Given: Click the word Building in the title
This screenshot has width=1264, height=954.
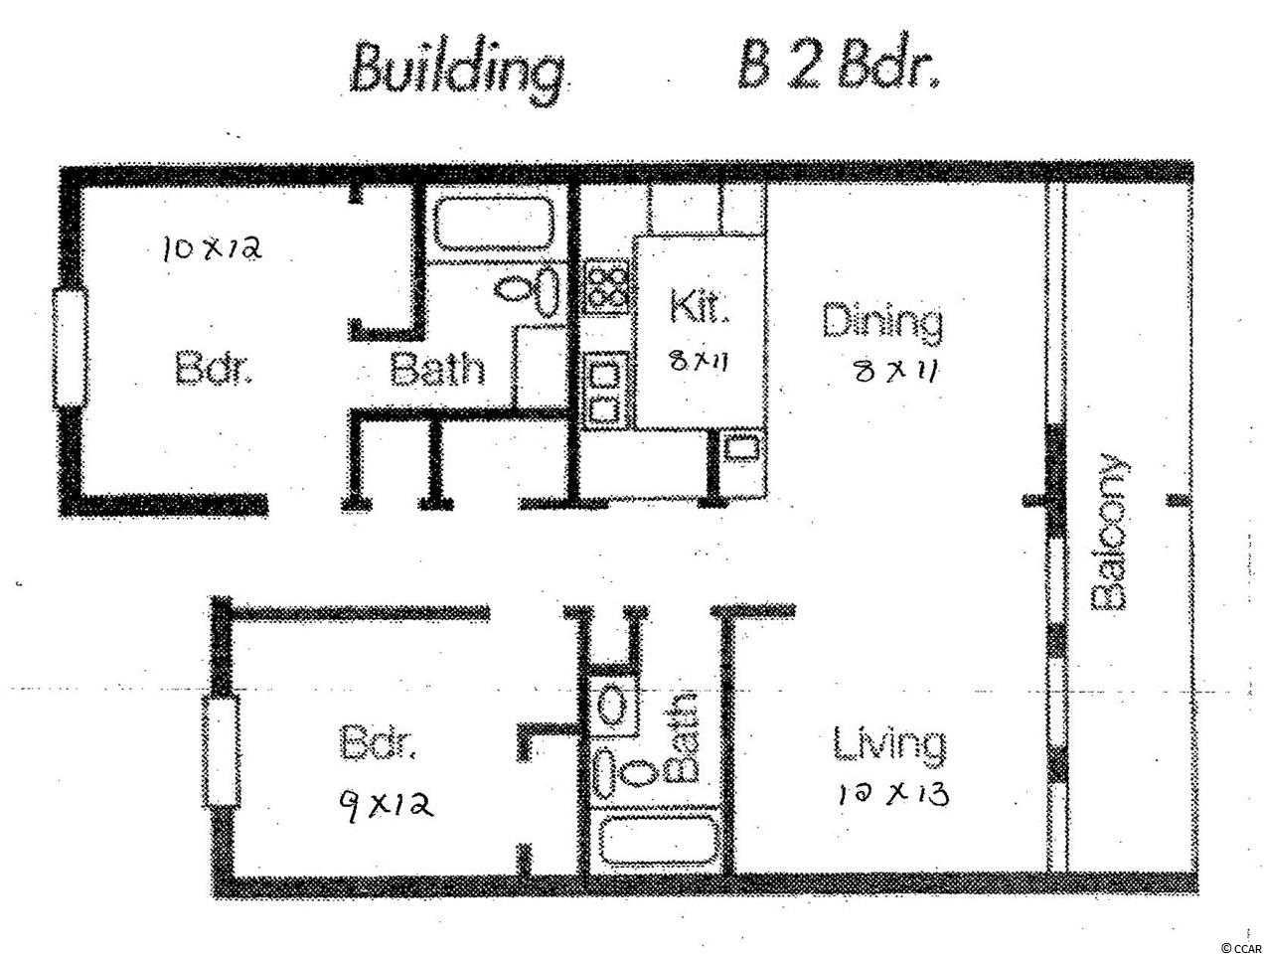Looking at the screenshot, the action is point(458,74).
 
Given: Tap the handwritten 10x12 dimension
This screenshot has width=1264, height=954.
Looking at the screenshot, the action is point(213,248).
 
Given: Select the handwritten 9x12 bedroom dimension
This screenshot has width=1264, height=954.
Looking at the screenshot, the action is point(386,804).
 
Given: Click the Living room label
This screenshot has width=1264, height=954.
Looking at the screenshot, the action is point(889,746).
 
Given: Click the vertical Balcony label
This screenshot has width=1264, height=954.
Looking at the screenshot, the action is point(1109,532).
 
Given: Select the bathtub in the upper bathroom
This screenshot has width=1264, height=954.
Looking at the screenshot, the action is point(494,224).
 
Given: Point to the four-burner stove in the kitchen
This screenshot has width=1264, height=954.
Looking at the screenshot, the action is point(607,285).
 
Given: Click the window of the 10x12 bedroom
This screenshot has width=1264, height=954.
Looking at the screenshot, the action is point(70,349).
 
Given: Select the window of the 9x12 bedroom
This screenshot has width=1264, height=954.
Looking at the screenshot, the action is point(221,751).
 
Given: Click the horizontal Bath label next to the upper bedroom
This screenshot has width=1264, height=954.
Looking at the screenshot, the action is point(437,369).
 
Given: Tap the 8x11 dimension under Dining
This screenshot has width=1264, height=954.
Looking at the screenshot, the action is point(895,372).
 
